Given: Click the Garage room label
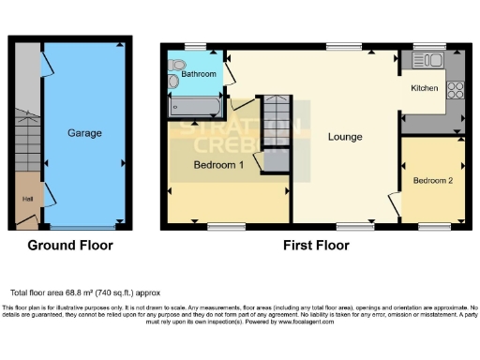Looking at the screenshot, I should [84, 133].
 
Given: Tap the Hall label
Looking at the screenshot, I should [28, 199].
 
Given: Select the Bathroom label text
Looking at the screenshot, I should [200, 74].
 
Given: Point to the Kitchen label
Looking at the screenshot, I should [425, 88].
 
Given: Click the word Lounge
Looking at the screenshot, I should [344, 137].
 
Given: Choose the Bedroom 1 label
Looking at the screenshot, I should [218, 165].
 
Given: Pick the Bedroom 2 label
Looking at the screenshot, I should [433, 180].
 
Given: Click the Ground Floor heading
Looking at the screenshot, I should [69, 246].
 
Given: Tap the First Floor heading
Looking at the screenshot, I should [316, 246].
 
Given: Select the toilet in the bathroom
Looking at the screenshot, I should [174, 82].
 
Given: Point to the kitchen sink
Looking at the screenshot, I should [433, 61].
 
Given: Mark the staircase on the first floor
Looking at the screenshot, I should [274, 119].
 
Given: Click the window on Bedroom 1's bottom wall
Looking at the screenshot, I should [226, 225].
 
